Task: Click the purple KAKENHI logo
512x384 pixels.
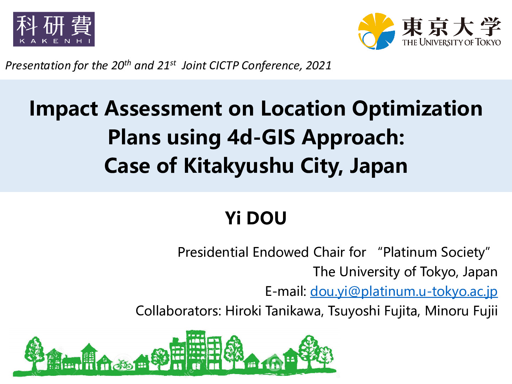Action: point(54,29)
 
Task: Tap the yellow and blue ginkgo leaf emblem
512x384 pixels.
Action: point(377,31)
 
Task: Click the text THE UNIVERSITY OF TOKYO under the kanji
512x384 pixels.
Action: point(451,42)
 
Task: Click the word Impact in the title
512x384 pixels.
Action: point(63,109)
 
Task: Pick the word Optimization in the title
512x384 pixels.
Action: point(417,109)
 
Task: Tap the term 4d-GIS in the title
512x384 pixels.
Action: point(261,138)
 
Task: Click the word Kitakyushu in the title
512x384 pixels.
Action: point(239,166)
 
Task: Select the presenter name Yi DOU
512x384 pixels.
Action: point(256,218)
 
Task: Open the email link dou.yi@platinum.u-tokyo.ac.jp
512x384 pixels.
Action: point(404,292)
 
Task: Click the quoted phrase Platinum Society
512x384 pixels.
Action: point(434,252)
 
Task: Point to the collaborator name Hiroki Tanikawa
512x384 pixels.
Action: point(273,311)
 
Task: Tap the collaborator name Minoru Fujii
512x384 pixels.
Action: point(461,311)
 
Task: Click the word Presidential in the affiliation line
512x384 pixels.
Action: point(213,252)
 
